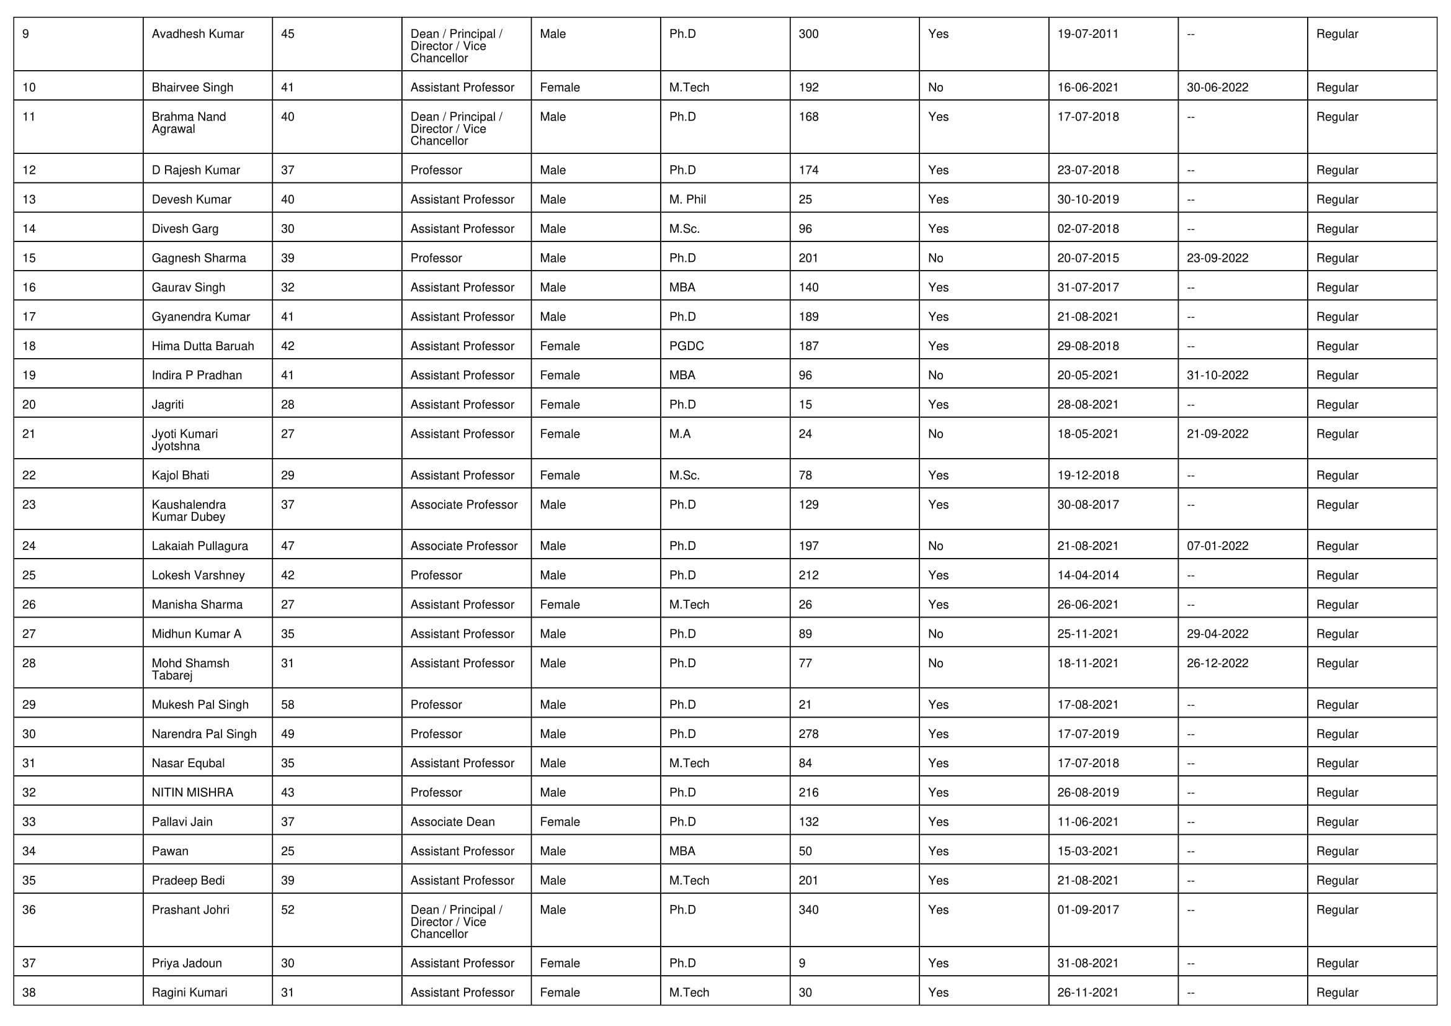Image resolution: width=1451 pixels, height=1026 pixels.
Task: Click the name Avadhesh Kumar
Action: [197, 34]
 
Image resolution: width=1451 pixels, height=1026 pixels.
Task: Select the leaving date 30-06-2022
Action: [1217, 88]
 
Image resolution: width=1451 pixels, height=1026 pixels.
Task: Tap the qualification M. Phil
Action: [687, 199]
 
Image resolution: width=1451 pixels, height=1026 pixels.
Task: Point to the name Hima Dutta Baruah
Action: [202, 346]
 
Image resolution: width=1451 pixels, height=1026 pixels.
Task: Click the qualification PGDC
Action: [685, 346]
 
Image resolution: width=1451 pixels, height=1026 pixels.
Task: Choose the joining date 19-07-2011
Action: [1087, 34]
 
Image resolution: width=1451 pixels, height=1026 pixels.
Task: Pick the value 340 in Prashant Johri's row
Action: [808, 910]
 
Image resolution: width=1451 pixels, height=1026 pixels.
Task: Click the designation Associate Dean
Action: [452, 822]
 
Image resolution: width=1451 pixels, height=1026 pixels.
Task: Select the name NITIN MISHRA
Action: [192, 793]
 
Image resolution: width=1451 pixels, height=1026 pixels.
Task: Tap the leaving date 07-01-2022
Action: [1217, 546]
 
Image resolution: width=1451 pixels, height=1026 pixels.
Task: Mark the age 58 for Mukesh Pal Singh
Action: [288, 705]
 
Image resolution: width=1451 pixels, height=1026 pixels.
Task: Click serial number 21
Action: [29, 434]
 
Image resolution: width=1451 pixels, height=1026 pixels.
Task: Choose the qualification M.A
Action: [679, 434]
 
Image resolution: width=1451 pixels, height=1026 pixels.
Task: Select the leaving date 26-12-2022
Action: [1217, 663]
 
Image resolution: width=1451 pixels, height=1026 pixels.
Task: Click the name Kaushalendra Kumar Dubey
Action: [189, 511]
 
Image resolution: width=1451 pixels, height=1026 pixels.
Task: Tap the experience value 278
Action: [808, 734]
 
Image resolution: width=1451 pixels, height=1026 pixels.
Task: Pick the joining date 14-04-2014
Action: [1087, 575]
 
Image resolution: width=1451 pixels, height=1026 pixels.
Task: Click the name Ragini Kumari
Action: [189, 992]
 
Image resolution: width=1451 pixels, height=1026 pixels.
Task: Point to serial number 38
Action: [29, 992]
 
